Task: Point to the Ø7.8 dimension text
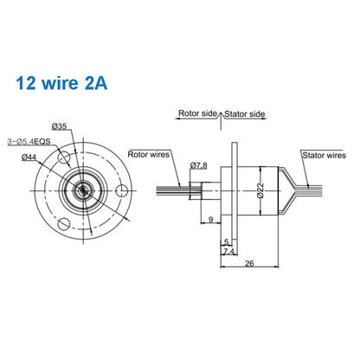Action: (x=199, y=164)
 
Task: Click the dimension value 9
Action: (x=210, y=221)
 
